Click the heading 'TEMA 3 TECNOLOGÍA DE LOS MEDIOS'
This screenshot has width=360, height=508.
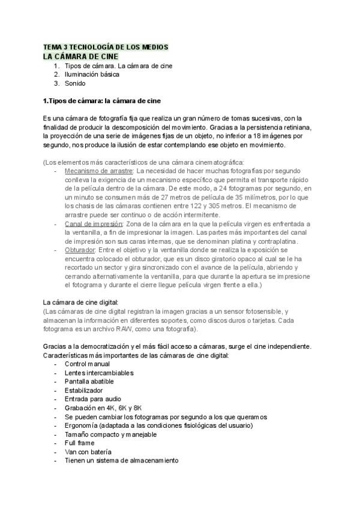click(106, 47)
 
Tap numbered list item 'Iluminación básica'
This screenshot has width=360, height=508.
click(92, 74)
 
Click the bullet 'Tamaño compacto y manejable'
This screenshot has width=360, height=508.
click(110, 434)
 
